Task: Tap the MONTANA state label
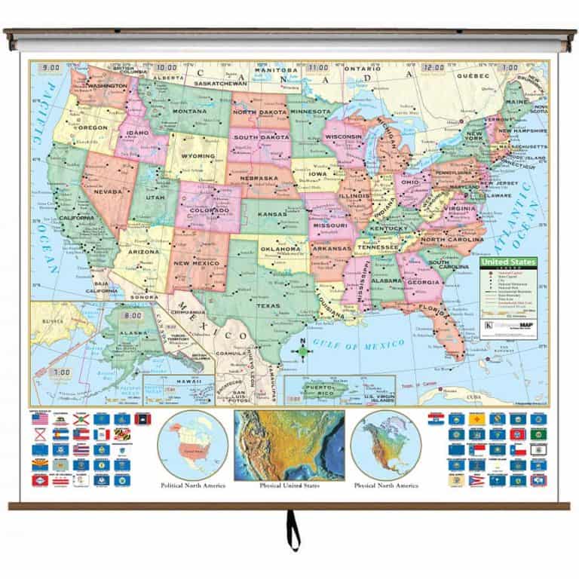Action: [189, 112]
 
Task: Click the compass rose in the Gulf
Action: [302, 351]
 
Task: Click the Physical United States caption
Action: [289, 486]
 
